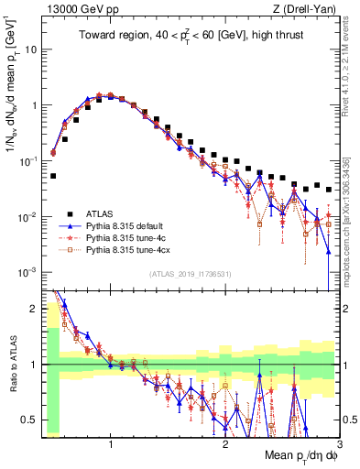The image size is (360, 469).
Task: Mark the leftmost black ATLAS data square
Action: [53, 176]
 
